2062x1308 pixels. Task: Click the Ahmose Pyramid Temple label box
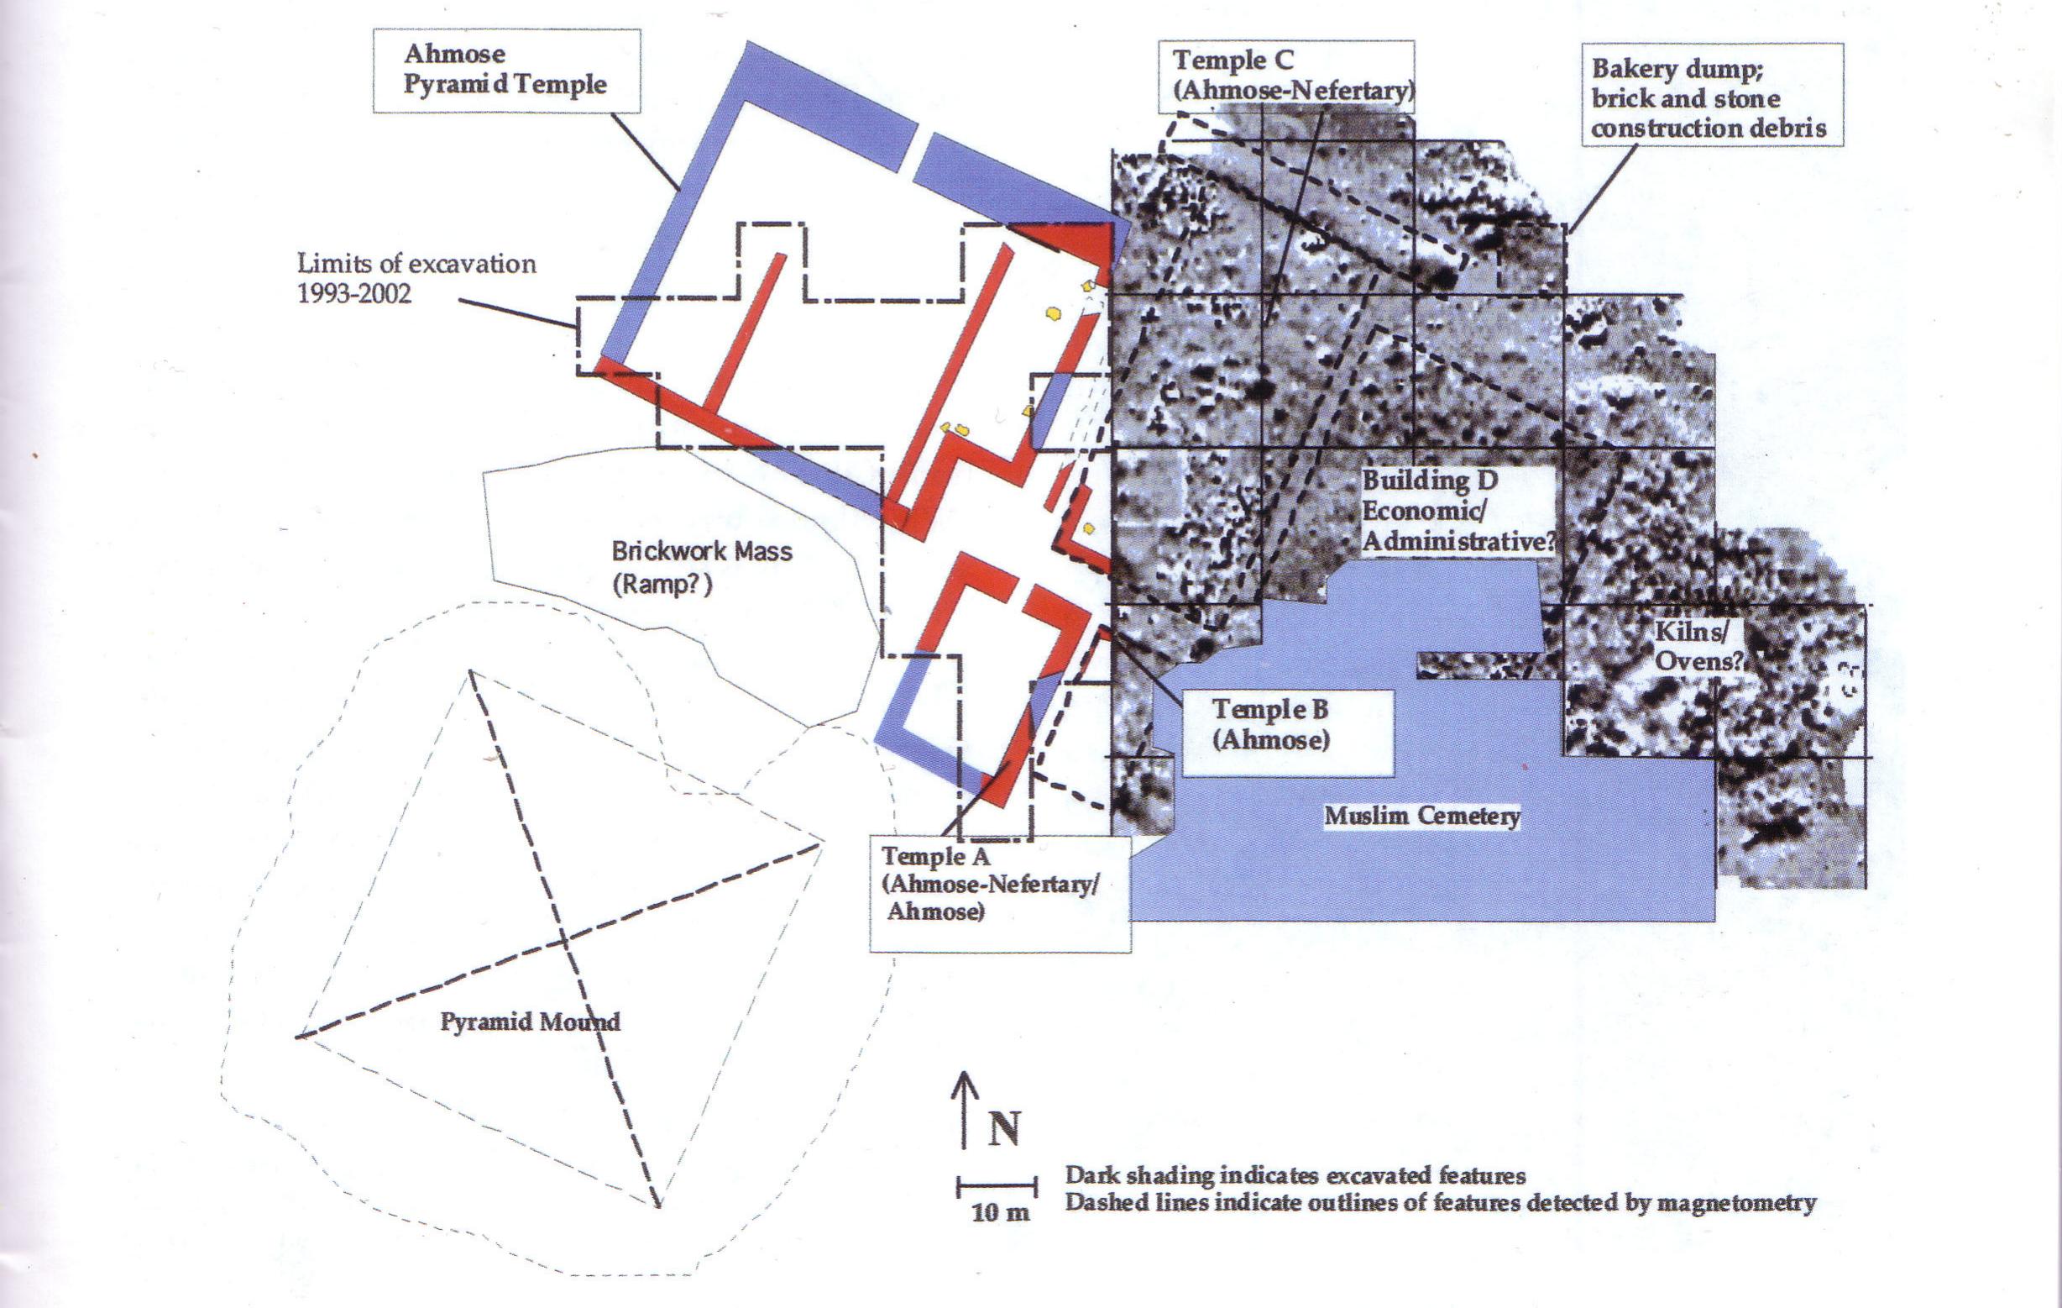(x=506, y=71)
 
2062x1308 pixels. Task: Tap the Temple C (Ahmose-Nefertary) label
(x=1286, y=76)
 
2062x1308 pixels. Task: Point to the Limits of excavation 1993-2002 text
(x=416, y=278)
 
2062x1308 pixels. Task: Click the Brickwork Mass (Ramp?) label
(x=701, y=567)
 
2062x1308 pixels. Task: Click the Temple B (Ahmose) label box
(x=1271, y=725)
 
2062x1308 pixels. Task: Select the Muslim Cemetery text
(x=1421, y=816)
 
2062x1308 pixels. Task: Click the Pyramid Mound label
(x=529, y=1022)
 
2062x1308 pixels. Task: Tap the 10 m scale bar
(x=997, y=1187)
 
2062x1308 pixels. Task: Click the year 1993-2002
(x=353, y=294)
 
